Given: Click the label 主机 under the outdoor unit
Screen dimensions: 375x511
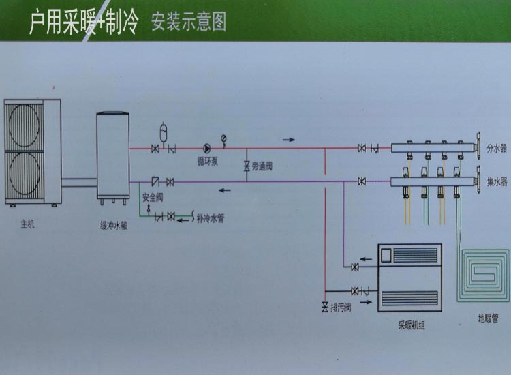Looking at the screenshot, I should (27, 223).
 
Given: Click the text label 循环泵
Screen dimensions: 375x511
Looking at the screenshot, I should (206, 162).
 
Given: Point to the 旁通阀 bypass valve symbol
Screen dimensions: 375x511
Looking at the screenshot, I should (247, 166).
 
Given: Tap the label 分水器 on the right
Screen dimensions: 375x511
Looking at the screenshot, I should (497, 147).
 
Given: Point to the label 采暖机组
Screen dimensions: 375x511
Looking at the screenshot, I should (409, 326).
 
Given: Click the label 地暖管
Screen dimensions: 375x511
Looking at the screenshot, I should (489, 318).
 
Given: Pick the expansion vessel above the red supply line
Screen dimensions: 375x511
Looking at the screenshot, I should (163, 130).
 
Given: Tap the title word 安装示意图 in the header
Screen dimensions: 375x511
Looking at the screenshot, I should (189, 22).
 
